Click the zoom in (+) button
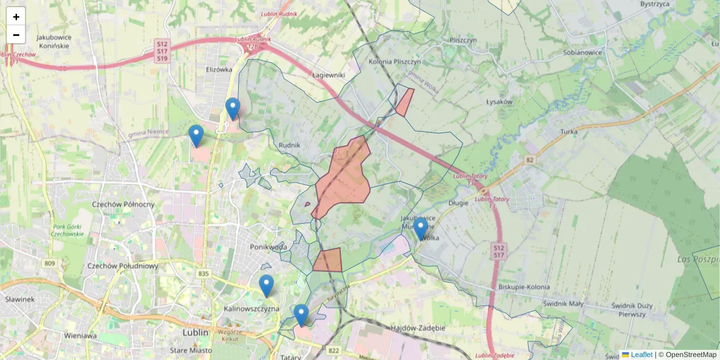point(16,17)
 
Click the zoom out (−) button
point(16,35)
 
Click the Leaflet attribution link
point(641,355)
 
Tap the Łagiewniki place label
point(328,75)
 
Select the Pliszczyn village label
point(463,40)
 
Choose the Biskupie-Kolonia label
point(524,287)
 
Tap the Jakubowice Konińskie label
point(55,41)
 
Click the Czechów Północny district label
point(123,204)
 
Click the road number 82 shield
point(529,160)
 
